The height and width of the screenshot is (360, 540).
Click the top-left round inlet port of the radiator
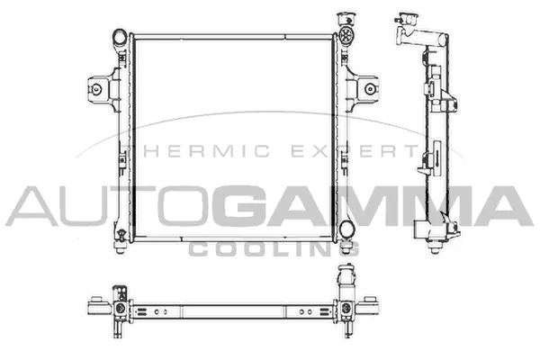[119, 37]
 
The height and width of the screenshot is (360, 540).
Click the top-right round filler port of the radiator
[346, 37]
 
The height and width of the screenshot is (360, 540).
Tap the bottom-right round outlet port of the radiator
[346, 228]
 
